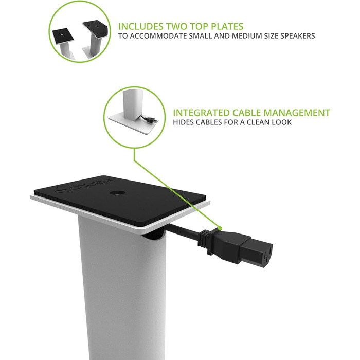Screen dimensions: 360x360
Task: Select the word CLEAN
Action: (258, 122)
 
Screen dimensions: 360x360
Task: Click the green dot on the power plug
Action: (220, 228)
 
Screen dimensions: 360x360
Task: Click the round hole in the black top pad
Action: (117, 193)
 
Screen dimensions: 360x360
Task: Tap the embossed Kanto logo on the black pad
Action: (85, 186)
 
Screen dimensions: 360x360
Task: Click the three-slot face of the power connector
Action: (267, 256)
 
